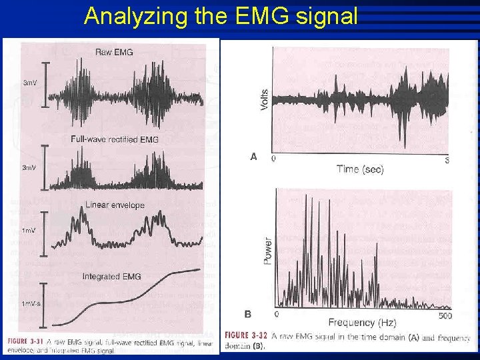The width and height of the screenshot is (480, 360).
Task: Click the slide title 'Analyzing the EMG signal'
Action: click(x=221, y=15)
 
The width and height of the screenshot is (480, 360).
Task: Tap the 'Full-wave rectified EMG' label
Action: click(x=114, y=139)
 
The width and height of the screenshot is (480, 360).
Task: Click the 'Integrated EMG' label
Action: click(x=111, y=276)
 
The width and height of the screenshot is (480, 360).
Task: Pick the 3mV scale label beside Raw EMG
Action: click(x=30, y=83)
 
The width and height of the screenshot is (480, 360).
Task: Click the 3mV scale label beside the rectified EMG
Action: click(x=30, y=167)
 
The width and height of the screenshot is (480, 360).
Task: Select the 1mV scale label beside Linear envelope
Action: click(x=29, y=230)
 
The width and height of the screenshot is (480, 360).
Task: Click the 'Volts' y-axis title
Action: click(x=265, y=100)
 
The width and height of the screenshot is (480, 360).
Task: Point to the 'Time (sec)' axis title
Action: click(x=360, y=169)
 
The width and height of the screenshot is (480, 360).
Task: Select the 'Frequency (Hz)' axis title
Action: click(x=361, y=323)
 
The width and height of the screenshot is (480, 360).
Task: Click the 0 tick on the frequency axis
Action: click(x=277, y=314)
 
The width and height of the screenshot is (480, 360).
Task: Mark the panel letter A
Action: click(x=253, y=157)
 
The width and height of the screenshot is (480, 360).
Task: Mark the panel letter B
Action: click(x=248, y=313)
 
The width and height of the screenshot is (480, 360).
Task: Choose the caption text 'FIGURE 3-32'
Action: click(x=246, y=335)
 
